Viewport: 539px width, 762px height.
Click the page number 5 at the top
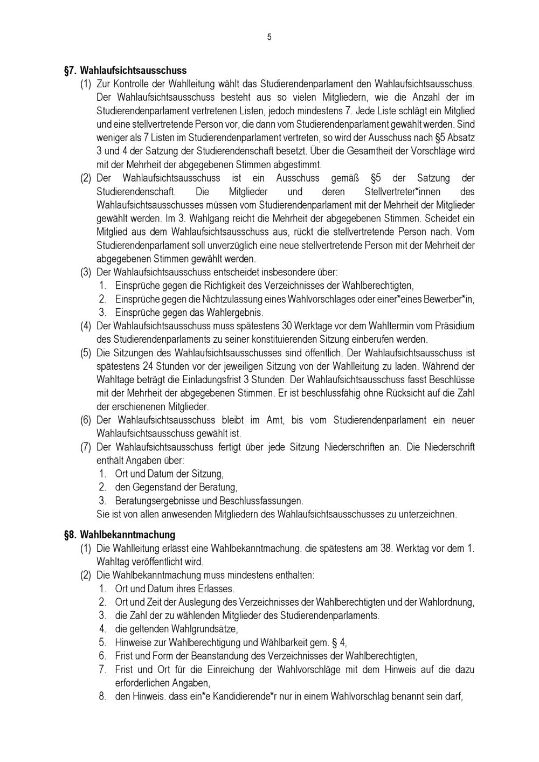coord(269,37)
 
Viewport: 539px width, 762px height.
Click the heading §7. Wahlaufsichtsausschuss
coord(126,71)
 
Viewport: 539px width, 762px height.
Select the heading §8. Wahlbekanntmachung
coord(120,535)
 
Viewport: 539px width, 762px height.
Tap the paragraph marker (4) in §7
coord(86,326)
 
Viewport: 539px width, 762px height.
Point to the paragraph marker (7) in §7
coord(86,447)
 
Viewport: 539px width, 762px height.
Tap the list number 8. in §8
coord(102,696)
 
